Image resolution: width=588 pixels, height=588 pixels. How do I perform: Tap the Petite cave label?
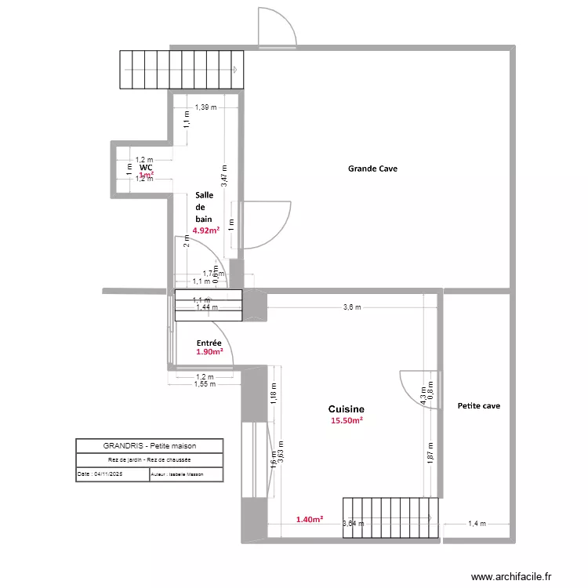pyautogui.click(x=478, y=406)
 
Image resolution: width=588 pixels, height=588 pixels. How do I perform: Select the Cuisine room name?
pyautogui.click(x=346, y=409)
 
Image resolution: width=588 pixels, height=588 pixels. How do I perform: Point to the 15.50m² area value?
pyautogui.click(x=346, y=421)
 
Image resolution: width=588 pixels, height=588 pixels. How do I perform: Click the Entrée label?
pyautogui.click(x=209, y=343)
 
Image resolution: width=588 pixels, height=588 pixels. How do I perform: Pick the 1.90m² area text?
pyautogui.click(x=209, y=353)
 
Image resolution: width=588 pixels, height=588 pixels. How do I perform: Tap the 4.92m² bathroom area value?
pyautogui.click(x=205, y=230)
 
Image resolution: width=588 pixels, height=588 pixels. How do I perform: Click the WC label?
pyautogui.click(x=146, y=168)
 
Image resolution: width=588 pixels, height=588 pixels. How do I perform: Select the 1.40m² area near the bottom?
pyautogui.click(x=309, y=519)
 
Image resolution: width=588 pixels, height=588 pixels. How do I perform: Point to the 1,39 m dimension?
pyautogui.click(x=205, y=107)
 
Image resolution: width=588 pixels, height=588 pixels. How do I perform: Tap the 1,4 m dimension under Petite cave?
pyautogui.click(x=477, y=524)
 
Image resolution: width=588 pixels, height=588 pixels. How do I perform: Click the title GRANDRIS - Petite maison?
pyautogui.click(x=149, y=445)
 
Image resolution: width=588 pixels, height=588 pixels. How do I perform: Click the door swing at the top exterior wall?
pyautogui.click(x=275, y=28)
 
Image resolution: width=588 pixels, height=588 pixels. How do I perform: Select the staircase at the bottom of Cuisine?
pyautogui.click(x=389, y=518)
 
